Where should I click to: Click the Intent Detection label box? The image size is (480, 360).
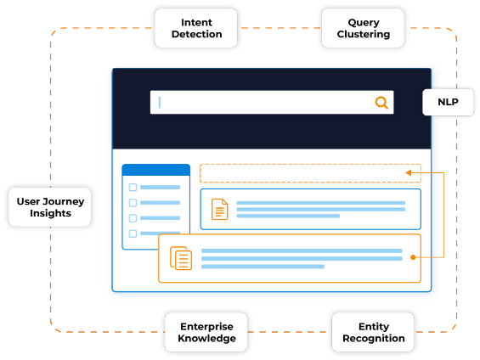coord(196,28)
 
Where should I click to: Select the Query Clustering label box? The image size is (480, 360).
coord(363,28)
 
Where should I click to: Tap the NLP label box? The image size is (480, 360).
coord(448,102)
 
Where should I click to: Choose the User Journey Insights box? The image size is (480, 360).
coord(50,207)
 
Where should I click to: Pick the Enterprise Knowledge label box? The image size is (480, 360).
coord(206,332)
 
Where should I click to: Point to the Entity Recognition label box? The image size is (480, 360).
coord(373,332)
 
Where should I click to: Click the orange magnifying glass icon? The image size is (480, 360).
coord(381,103)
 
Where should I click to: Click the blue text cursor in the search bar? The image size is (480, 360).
coord(160,103)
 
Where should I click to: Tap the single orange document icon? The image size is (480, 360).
coord(220,210)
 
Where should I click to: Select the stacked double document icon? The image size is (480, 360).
coord(181,258)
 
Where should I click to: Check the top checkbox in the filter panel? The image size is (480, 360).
coord(133,187)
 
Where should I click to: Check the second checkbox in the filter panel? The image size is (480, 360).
coord(133,202)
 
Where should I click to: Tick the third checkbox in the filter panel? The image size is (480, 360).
coord(133,218)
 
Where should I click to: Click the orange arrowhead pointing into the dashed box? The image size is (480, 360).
coord(408,173)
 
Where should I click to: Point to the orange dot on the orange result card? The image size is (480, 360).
coord(413,257)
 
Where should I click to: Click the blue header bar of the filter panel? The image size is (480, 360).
coord(156,170)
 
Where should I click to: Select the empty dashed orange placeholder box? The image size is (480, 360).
coord(310,173)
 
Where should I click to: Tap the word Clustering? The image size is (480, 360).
coord(364,34)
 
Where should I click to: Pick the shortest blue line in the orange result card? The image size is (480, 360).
coord(263,267)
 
